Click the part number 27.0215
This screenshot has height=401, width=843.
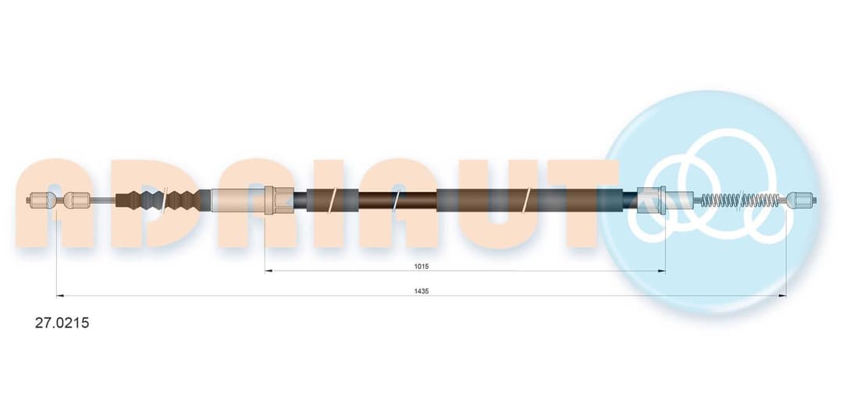(x=62, y=323)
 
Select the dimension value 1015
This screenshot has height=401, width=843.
(x=421, y=266)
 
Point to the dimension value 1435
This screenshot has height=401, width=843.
(x=421, y=291)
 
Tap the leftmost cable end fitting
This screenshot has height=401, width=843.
(x=41, y=200)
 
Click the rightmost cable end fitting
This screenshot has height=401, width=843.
(x=802, y=200)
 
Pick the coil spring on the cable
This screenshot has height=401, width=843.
(x=740, y=200)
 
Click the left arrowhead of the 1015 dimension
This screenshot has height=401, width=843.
(x=269, y=271)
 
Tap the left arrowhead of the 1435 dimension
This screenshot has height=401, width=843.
(x=59, y=296)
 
